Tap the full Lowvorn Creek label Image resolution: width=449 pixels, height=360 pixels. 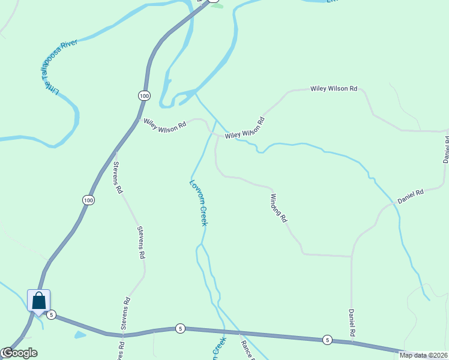(199, 203)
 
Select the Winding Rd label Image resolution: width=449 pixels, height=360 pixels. (279, 208)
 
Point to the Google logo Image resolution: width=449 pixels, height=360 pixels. (19, 353)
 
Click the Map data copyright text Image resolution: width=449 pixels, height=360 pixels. (424, 355)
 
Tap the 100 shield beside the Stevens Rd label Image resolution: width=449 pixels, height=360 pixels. (89, 200)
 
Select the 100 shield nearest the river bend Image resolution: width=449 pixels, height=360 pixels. (143, 95)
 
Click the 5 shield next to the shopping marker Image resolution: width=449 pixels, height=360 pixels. (52, 314)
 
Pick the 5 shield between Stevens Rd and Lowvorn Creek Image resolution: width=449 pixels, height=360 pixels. (180, 328)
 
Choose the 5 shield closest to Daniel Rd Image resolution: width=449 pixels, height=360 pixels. (327, 339)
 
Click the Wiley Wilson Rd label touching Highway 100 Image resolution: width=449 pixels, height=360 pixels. (165, 125)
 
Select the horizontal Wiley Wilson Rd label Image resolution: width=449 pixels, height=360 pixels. (334, 89)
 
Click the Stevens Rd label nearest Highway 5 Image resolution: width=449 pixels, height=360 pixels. (125, 314)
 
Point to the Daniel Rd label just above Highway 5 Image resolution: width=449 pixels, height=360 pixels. (352, 323)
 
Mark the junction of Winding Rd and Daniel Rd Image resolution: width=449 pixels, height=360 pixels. (351, 256)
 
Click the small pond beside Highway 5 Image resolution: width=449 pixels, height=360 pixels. (80, 334)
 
